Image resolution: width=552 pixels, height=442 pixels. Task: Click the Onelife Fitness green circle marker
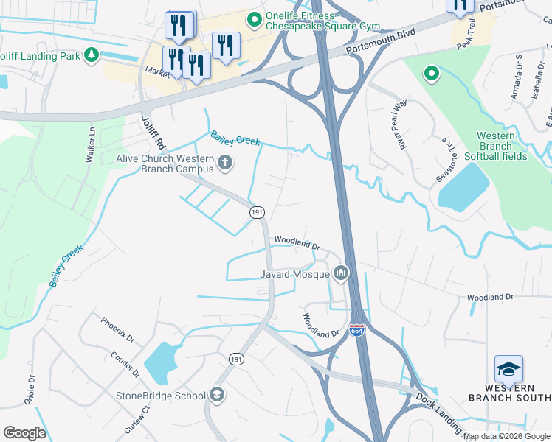coord(255,20)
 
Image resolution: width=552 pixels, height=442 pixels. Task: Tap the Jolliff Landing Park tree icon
coord(92,55)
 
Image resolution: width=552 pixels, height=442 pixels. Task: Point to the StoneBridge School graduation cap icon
coord(217,396)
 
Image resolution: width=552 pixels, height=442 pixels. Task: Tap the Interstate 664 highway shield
coord(357,331)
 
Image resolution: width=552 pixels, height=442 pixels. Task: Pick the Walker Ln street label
coord(91,145)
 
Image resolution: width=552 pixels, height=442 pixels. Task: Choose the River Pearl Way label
coord(400,121)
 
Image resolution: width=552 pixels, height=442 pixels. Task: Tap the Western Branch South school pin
coord(508,368)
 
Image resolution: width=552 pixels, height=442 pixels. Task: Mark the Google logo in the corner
coord(24,433)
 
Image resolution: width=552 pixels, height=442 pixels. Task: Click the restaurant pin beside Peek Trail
coord(459,5)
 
